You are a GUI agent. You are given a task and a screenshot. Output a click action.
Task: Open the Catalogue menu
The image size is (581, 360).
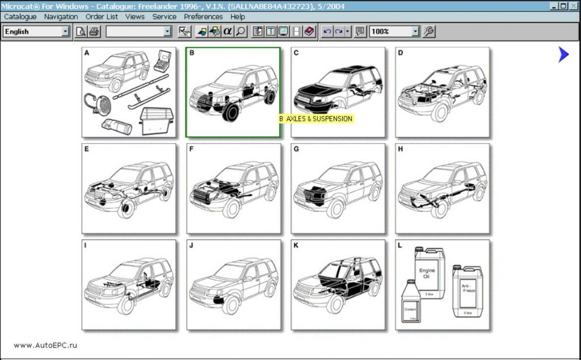point(20,17)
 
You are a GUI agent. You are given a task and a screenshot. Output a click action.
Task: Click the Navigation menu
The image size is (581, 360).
point(61,17)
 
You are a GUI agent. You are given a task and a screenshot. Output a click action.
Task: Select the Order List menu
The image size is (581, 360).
point(102,17)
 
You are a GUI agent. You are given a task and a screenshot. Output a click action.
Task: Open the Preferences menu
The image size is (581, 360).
point(203,17)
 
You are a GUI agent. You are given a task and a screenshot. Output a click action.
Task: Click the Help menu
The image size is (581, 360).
point(238,17)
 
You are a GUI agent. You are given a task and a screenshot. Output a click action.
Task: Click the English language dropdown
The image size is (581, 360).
point(36,32)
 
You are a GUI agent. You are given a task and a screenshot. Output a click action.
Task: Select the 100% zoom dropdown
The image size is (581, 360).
point(394,32)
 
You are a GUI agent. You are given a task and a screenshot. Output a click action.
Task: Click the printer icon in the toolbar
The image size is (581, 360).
point(94,32)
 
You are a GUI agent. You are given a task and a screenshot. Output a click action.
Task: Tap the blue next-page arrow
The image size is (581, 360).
point(563,55)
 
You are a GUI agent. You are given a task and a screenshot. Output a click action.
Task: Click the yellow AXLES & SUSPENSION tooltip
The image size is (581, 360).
point(316,119)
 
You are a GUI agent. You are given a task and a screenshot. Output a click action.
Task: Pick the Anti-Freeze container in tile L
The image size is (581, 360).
point(467,291)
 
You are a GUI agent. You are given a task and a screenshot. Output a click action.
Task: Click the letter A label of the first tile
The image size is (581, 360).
point(87,53)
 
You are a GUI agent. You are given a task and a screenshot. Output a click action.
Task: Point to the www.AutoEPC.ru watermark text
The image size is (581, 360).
point(45,345)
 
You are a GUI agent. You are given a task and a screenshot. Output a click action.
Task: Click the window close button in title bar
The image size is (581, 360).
point(574,6)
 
